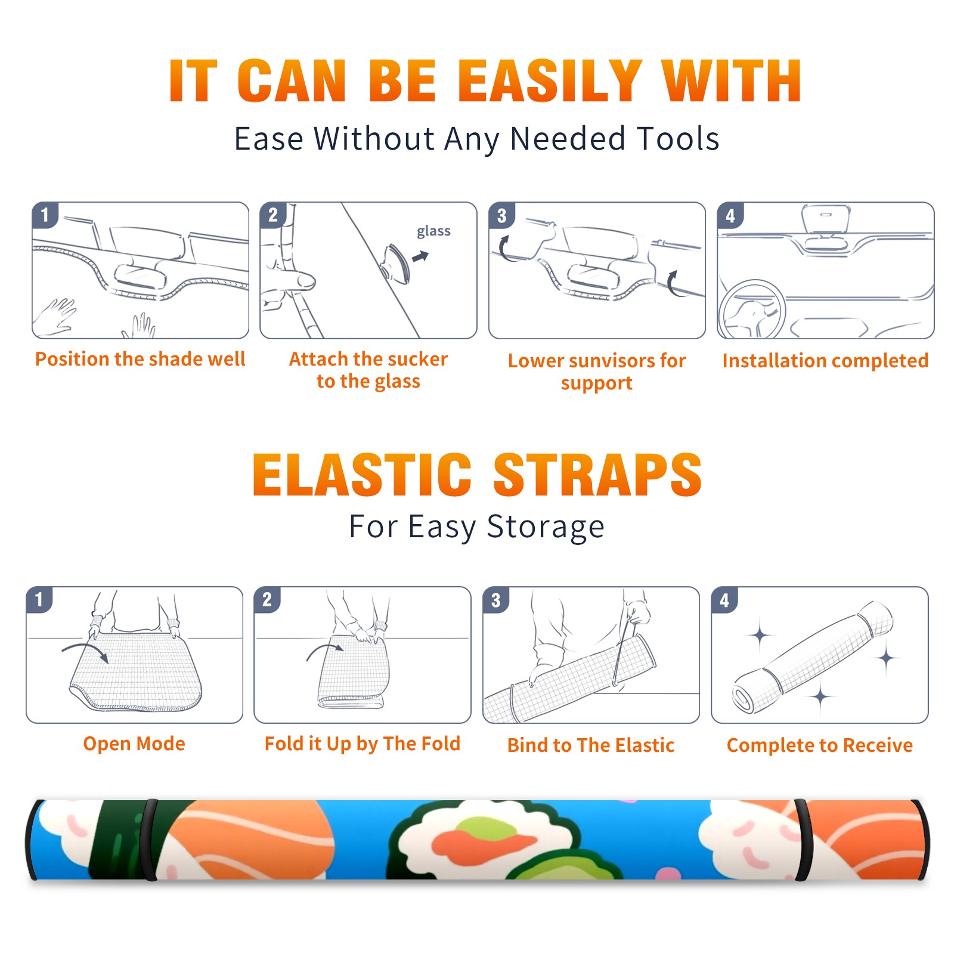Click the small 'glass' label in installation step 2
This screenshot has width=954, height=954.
pos(433,231)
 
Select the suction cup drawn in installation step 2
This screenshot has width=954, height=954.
pos(397,263)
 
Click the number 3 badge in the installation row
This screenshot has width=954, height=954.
pos(502,215)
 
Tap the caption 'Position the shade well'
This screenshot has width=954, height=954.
pos(140,359)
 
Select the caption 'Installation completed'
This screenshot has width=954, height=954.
pos(825,361)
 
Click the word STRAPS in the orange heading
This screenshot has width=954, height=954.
pos(597,475)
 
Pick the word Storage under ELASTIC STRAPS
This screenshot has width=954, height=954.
pos(546,527)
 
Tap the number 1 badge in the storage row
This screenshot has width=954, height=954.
pos(39,599)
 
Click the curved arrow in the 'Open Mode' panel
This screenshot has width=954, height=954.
pos(85,651)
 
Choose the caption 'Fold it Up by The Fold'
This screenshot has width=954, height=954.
pos(363,744)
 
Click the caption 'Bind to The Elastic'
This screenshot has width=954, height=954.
pos(591,745)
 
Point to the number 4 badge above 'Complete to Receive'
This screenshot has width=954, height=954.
pos(724,600)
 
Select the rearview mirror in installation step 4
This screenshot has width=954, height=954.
pos(826,221)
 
